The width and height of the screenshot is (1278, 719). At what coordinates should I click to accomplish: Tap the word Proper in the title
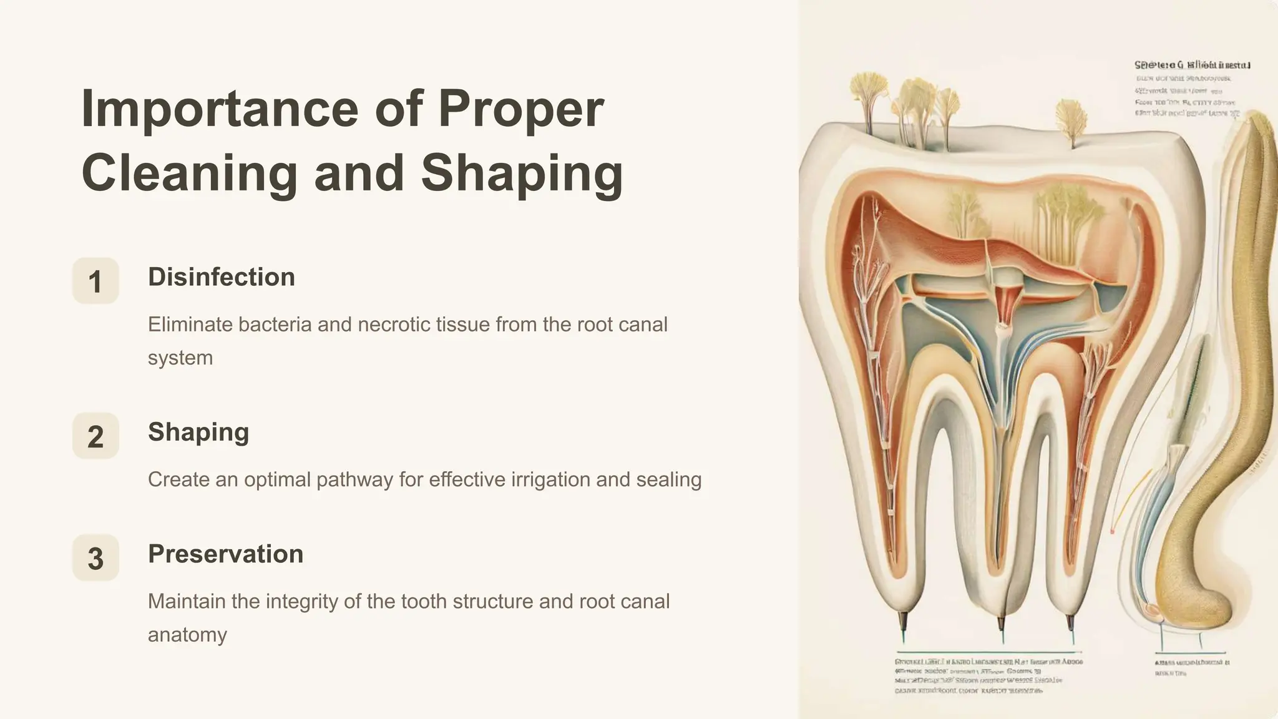click(x=520, y=109)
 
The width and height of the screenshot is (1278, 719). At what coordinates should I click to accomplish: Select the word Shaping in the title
click(x=522, y=173)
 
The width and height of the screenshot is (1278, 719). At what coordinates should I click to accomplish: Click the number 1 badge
click(x=95, y=281)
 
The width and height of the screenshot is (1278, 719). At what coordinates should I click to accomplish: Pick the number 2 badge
click(x=95, y=436)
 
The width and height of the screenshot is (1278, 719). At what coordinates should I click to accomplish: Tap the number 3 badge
click(x=95, y=558)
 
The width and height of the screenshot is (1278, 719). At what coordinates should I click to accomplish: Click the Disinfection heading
click(x=221, y=277)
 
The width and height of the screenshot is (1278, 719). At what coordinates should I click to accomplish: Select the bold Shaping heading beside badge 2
click(x=198, y=432)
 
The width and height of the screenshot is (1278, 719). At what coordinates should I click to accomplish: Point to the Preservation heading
click(x=225, y=554)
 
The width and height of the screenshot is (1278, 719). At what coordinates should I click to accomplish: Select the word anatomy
click(x=187, y=635)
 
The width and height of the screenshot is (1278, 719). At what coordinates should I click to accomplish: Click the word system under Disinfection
click(x=180, y=358)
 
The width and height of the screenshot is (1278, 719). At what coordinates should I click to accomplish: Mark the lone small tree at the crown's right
click(x=1071, y=119)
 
